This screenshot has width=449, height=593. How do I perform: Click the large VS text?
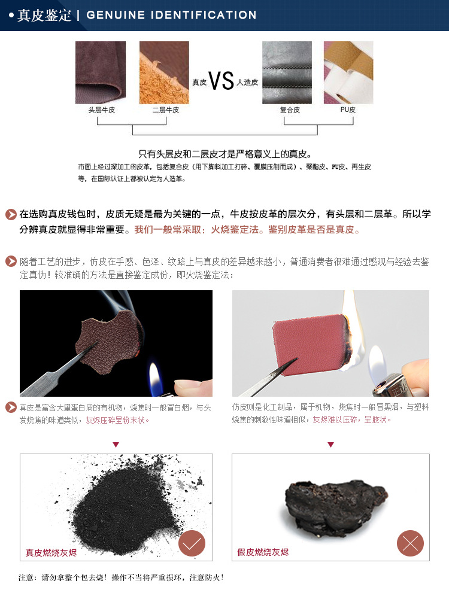click(221, 81)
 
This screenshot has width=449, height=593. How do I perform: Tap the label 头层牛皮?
click(101, 110)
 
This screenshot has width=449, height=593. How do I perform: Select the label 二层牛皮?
click(165, 110)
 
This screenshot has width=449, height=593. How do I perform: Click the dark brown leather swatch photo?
click(101, 72)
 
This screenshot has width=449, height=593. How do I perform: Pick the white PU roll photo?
click(348, 72)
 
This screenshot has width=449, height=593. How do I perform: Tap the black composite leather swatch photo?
click(287, 72)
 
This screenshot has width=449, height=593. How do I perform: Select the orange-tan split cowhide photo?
click(164, 72)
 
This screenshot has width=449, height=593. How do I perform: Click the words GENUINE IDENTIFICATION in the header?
click(171, 15)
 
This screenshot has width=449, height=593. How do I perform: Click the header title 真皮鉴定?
click(44, 15)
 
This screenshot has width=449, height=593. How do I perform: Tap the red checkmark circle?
click(192, 543)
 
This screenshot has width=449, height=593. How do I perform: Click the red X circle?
click(410, 543)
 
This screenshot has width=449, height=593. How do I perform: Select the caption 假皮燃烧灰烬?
click(263, 552)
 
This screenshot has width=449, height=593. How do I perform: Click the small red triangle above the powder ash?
click(116, 445)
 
